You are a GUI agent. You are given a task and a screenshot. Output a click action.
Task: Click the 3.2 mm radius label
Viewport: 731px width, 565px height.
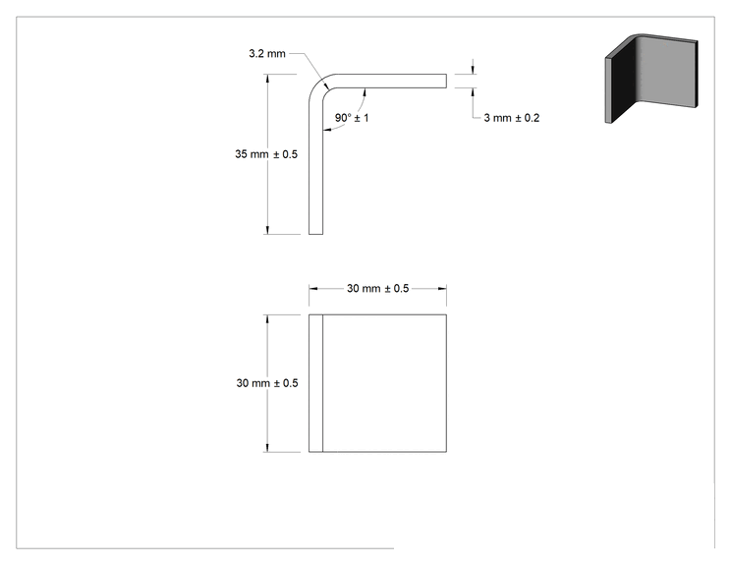click(267, 54)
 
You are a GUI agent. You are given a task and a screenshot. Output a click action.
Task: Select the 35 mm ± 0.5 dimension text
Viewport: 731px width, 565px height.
click(266, 154)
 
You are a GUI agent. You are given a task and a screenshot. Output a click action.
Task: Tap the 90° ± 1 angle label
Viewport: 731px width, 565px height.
click(352, 118)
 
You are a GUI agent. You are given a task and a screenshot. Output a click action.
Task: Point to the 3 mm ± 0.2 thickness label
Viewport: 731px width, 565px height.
click(512, 118)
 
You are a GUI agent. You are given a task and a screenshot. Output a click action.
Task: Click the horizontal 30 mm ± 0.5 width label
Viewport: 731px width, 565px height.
click(377, 289)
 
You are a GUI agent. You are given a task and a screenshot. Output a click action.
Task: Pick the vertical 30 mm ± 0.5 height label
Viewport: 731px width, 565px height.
click(267, 383)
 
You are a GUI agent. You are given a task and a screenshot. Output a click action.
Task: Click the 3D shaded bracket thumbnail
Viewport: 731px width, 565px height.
click(651, 79)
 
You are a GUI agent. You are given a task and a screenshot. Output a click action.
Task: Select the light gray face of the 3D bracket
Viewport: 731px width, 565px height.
click(667, 70)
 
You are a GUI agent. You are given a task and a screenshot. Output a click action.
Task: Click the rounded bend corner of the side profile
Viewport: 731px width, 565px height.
click(318, 84)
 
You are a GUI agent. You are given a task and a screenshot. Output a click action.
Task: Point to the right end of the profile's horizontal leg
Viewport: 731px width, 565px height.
click(446, 81)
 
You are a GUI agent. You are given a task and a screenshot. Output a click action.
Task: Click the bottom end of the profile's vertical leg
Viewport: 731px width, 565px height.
click(315, 234)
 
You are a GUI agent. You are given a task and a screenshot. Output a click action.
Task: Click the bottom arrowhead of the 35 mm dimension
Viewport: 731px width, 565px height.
click(267, 229)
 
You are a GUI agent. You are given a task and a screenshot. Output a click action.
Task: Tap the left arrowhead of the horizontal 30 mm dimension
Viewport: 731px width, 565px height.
click(313, 289)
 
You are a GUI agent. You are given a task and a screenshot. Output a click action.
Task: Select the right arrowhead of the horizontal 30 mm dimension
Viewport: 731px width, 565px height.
click(442, 289)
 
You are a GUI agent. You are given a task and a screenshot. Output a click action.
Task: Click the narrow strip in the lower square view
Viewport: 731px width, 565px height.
click(315, 383)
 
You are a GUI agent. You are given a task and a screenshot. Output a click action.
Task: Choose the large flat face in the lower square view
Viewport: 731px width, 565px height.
click(384, 383)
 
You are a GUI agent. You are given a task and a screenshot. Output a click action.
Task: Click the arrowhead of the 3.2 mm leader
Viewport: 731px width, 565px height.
click(327, 85)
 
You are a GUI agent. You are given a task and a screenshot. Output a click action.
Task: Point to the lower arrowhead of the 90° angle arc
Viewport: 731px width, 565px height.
click(327, 130)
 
